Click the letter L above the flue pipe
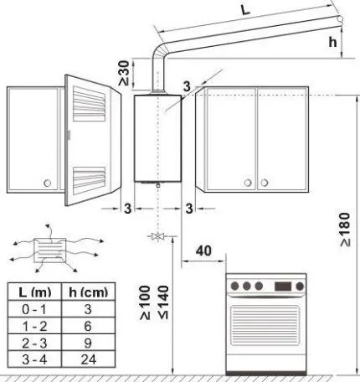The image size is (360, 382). pos(245,9)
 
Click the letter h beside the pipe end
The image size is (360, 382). pos(332,42)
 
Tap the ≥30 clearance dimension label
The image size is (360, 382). pos(124,73)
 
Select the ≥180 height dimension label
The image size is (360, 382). pos(345,230)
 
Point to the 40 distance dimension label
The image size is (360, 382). pos(203,250)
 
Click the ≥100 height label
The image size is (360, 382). pos(145,302)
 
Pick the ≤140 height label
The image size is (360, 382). pos(164,302)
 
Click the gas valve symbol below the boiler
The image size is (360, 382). pos(158,236)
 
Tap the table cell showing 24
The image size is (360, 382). pos(88,359)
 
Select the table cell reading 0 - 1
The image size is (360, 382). pos(34,309)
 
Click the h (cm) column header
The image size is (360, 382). pos(88,292)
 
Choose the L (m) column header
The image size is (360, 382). pos(34,292)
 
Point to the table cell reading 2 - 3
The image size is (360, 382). pos(34,343)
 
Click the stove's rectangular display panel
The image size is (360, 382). pos(283,286)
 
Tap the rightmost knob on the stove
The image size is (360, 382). pos(300,286)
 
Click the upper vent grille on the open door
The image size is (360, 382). pos(89,104)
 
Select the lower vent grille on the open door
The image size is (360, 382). pos(89,181)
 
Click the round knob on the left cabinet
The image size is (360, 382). pos(48,183)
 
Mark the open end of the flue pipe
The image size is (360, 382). pos(340,19)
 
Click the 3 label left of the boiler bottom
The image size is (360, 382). pos(127,209)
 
